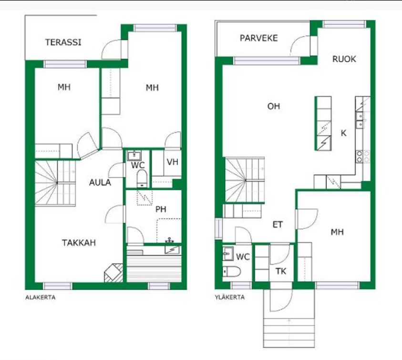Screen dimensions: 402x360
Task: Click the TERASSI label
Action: tap(63, 42)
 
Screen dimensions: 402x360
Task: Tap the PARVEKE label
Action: tap(258, 38)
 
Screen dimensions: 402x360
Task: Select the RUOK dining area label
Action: tap(344, 59)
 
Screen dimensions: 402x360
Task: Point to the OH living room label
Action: tap(274, 106)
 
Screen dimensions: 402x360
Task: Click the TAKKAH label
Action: tap(79, 243)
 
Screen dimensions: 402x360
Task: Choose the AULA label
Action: tap(100, 183)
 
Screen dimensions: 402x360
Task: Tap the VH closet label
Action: tap(172, 162)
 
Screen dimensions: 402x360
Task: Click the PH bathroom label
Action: tap(161, 209)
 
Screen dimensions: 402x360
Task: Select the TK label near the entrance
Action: tap(281, 271)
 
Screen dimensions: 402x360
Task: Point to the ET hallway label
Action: tap(278, 225)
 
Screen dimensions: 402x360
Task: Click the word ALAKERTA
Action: tap(40, 298)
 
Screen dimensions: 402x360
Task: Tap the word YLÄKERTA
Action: tap(230, 297)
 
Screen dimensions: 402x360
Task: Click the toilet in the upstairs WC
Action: tap(231, 271)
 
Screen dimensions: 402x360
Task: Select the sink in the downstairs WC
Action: tap(134, 155)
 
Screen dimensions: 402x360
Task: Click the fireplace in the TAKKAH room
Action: tap(113, 273)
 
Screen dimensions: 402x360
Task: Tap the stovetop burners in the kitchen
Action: tap(363, 157)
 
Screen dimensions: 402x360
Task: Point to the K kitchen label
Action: tap(343, 133)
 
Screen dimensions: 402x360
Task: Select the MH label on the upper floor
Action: tap(337, 232)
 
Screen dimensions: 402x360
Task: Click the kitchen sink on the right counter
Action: tap(360, 120)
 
